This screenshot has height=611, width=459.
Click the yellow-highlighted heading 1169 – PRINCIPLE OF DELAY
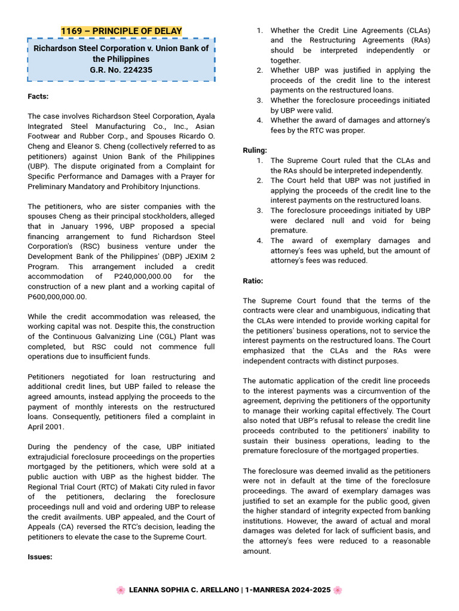121,31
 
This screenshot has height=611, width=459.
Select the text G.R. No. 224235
121,70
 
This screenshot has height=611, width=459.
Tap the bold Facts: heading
38,96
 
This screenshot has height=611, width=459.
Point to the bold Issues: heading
40,557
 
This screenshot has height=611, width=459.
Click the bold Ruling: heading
255,150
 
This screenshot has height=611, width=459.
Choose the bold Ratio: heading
253,280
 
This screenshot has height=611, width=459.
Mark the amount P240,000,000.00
142,276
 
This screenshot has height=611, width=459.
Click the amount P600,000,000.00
57,297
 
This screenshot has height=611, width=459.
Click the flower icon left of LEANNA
121,590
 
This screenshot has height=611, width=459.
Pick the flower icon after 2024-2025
338,590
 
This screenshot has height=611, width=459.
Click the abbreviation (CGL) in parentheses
156,337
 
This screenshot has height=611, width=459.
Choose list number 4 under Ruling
259,240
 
